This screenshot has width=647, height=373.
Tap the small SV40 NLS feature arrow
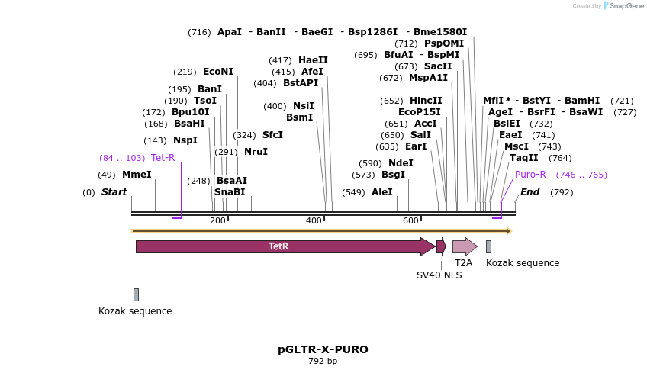441,246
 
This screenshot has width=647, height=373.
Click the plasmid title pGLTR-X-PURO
323,349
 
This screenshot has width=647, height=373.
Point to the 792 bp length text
323,362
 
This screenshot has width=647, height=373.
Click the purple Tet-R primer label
163,158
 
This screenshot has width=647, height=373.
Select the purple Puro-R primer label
530,175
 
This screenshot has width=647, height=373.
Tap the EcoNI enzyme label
218,72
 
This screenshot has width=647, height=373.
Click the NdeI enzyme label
401,163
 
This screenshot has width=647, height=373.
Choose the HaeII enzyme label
313,60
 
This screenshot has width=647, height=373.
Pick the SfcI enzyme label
272,135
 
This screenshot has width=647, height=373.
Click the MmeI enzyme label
137,175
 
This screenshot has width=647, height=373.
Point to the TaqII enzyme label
524,158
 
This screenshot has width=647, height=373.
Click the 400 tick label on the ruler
314,220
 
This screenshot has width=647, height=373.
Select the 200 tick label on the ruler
217,220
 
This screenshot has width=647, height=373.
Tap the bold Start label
114,192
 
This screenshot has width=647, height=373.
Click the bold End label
530,192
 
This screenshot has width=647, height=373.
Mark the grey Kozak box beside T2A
488,246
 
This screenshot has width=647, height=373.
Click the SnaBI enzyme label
230,192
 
